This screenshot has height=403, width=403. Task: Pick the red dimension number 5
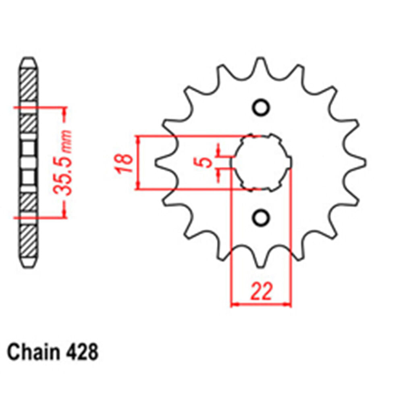click(x=206, y=162)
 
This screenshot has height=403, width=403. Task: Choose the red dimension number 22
click(x=261, y=292)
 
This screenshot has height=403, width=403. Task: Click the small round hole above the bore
click(x=260, y=108)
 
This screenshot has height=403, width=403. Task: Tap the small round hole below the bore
click(x=260, y=218)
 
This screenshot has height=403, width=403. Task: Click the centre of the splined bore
click(x=261, y=162)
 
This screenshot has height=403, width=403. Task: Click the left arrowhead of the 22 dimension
click(x=234, y=304)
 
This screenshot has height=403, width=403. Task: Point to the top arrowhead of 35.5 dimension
click(x=63, y=111)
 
